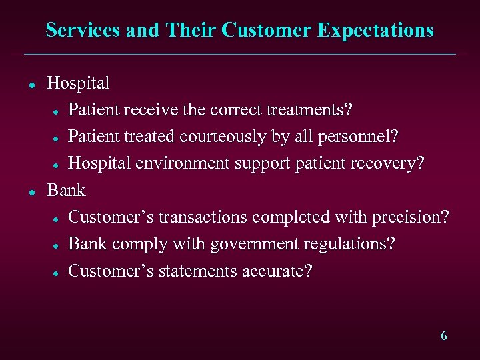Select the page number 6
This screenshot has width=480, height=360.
coord(443,335)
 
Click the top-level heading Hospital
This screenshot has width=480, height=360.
coord(78,83)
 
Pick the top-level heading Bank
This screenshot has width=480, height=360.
coord(66,191)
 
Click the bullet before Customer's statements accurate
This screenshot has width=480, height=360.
coord(59,273)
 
